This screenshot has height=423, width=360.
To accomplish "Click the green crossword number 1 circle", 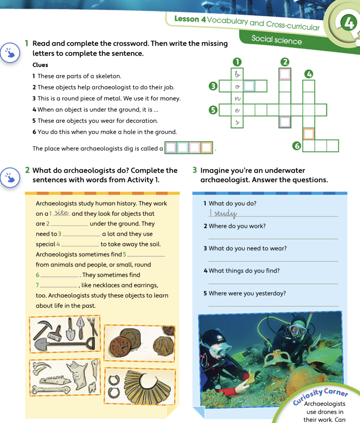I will (x=237, y=62).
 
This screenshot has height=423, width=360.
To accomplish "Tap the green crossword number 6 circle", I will (x=296, y=146).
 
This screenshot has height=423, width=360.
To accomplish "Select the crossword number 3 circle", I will (x=213, y=86).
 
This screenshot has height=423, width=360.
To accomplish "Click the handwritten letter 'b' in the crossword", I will (x=237, y=74).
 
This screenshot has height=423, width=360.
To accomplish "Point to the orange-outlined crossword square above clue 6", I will (x=309, y=133).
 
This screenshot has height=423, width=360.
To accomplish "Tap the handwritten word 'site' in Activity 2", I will (x=62, y=213).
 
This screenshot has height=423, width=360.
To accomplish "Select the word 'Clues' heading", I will (x=40, y=65).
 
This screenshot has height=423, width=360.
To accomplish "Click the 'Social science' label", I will (x=276, y=40).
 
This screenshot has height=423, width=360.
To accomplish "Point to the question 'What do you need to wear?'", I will (x=247, y=248).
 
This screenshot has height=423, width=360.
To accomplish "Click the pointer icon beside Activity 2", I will (x=10, y=177).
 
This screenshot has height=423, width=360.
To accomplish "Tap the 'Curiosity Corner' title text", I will (x=321, y=394).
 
